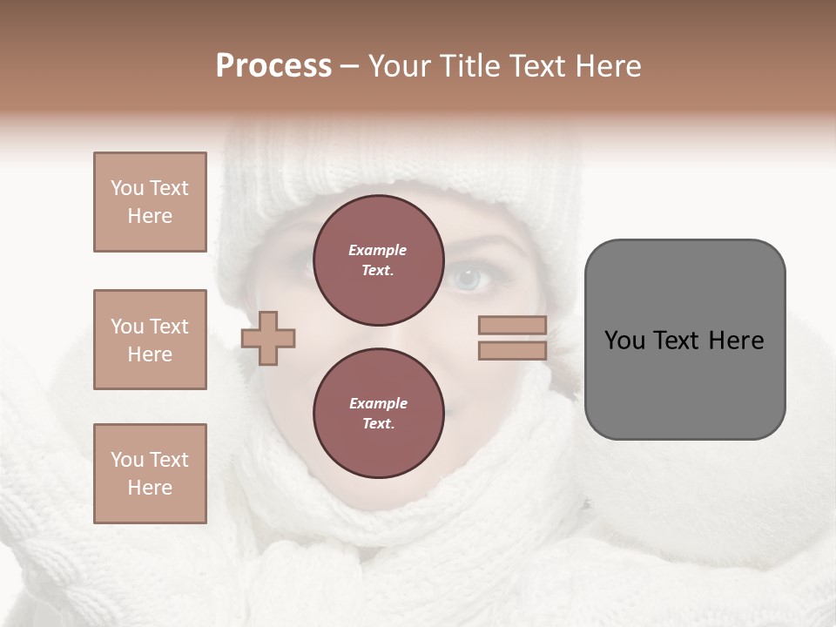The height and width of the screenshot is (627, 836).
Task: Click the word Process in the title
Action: click(273, 66)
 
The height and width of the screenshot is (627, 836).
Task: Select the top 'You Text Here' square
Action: click(150, 202)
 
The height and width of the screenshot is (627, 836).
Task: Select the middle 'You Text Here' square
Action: click(150, 340)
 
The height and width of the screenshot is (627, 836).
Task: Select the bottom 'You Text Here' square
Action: click(150, 474)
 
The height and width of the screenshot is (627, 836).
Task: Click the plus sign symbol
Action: click(268, 339)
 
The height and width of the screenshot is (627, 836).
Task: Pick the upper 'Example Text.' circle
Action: click(378, 260)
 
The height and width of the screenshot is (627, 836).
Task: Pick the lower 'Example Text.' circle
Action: click(378, 414)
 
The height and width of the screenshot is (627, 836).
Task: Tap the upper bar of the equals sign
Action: click(512, 326)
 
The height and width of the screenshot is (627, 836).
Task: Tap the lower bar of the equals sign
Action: click(512, 351)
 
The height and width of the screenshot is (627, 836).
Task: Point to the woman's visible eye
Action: click(469, 279)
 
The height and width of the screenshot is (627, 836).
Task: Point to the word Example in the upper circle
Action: click(378, 250)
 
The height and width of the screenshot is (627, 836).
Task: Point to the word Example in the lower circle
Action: click(378, 403)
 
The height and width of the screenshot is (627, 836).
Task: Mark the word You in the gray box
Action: click(624, 340)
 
